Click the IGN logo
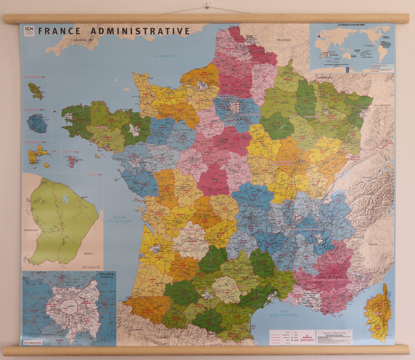[x=29, y=30]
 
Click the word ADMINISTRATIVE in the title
[x=139, y=31]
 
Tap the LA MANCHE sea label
[x=165, y=56]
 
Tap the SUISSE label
[x=367, y=178]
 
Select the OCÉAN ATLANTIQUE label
[x=119, y=219]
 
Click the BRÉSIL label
[x=89, y=254]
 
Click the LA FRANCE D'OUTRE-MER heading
[x=352, y=25]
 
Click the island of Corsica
[x=378, y=313]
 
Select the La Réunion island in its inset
[x=37, y=124]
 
